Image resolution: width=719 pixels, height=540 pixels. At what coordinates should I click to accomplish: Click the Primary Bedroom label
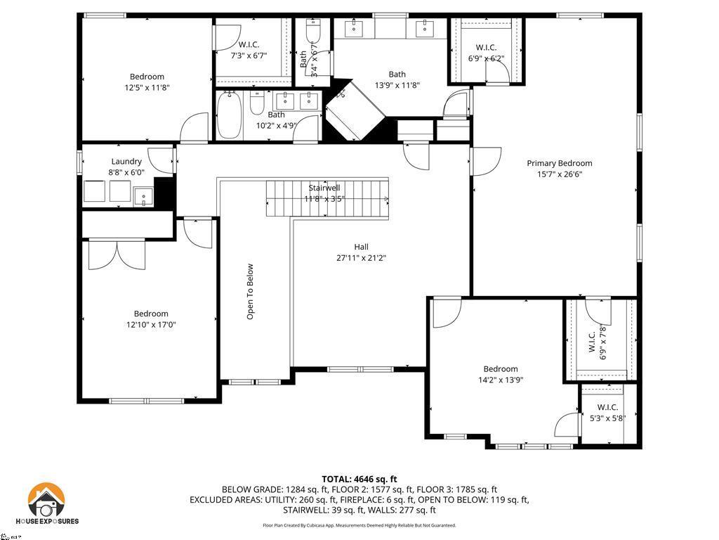(x=560, y=163)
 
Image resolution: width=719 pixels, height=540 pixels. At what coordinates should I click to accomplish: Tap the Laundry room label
(x=126, y=161)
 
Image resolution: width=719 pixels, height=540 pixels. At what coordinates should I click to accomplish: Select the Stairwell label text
(x=324, y=188)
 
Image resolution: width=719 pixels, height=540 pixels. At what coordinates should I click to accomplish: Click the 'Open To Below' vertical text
(x=250, y=292)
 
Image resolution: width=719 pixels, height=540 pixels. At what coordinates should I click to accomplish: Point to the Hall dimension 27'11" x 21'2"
(x=361, y=258)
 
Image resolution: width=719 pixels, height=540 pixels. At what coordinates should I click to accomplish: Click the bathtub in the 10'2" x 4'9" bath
(x=229, y=116)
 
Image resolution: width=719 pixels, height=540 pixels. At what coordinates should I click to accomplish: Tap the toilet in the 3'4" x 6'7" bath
(x=313, y=31)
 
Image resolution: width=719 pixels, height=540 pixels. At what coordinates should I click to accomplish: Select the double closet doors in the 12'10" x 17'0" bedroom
(x=116, y=254)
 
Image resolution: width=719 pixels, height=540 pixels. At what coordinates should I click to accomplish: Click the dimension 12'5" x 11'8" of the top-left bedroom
(x=147, y=88)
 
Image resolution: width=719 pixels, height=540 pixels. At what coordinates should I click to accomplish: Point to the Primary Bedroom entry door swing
(x=486, y=160)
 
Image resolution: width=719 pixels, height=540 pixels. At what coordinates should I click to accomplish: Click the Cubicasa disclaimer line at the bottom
(x=359, y=525)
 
